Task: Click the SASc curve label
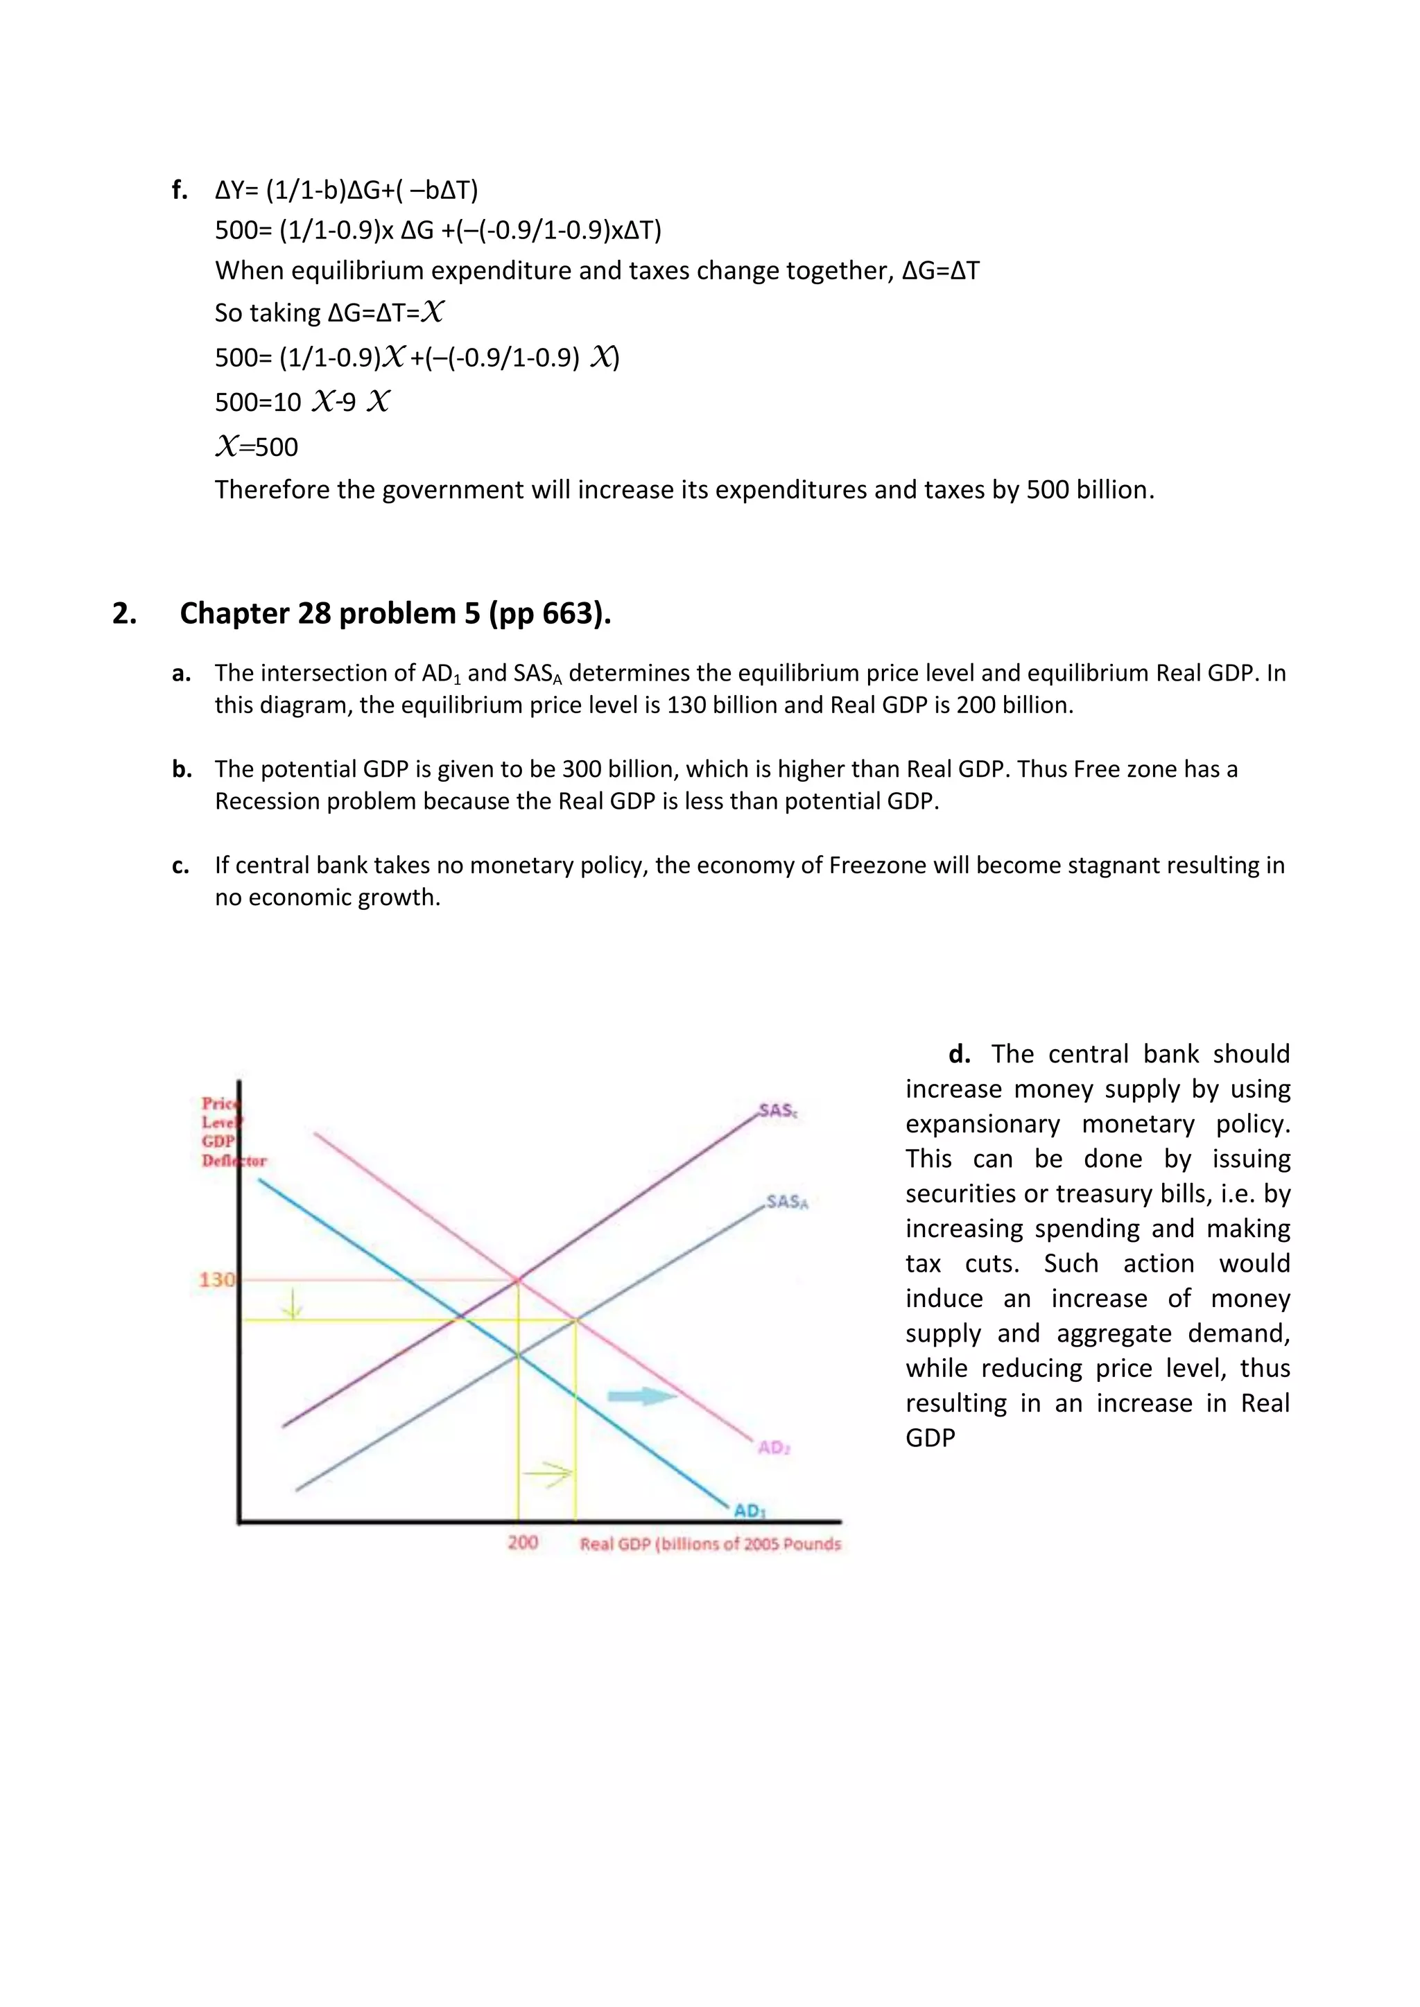(x=777, y=1110)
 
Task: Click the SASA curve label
(x=786, y=1202)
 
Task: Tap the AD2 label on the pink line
(x=774, y=1446)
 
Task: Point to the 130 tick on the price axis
(x=216, y=1280)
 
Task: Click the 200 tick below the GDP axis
(x=523, y=1542)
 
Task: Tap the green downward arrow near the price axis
(x=292, y=1305)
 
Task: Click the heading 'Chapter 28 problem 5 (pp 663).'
(x=395, y=613)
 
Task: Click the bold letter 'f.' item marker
(x=180, y=190)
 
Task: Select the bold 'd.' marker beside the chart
(x=959, y=1054)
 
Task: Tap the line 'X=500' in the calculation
(x=257, y=447)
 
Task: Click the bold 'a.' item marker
(x=181, y=673)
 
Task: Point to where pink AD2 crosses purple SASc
(x=518, y=1280)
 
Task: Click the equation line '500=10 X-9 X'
(x=302, y=402)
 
